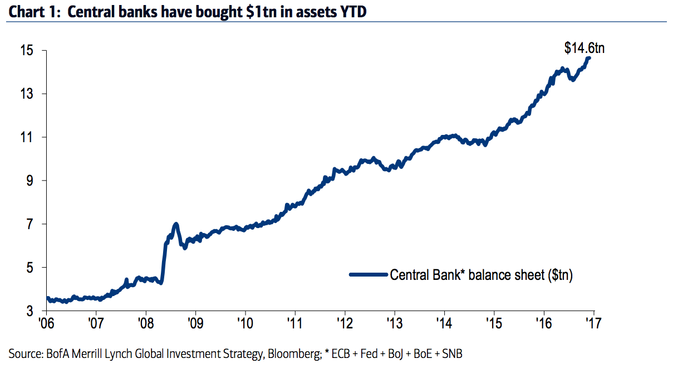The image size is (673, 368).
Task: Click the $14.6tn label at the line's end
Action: point(584,49)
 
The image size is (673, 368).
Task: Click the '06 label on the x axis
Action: point(48,323)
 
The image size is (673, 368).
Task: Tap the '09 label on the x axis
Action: point(195,323)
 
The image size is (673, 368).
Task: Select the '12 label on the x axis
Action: point(345,323)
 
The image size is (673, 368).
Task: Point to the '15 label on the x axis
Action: point(494,323)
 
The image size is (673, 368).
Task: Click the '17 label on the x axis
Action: point(594,323)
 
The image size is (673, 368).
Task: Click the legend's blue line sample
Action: point(368,274)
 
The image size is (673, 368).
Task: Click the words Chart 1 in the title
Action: point(31,11)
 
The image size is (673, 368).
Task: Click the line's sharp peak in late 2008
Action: point(176,224)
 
